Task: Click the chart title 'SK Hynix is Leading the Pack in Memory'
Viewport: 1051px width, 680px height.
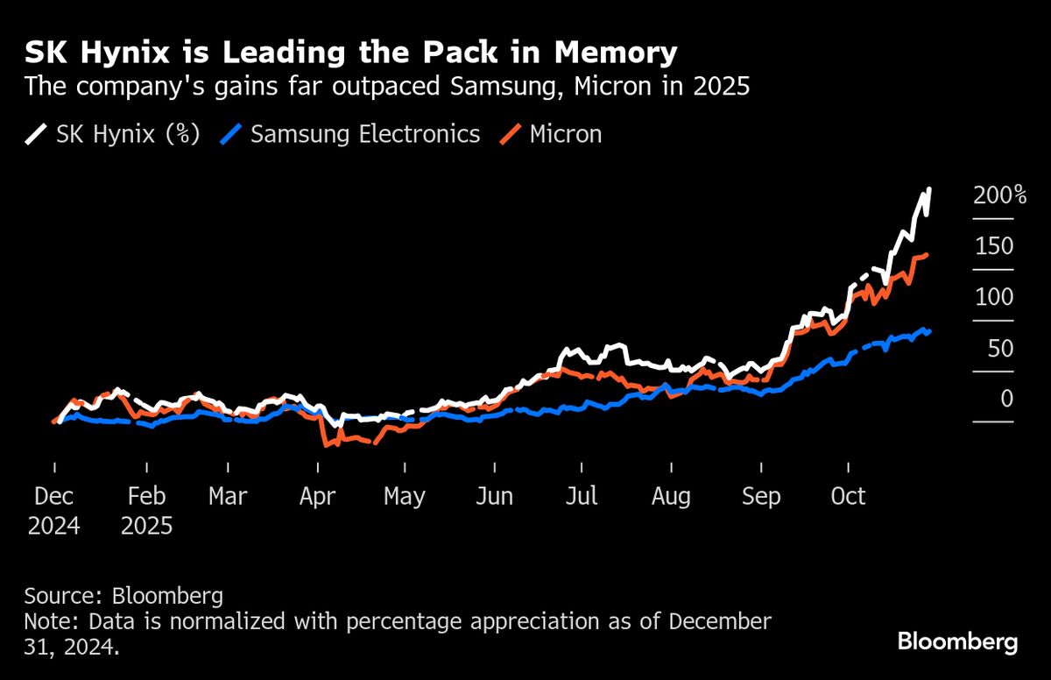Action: (350, 53)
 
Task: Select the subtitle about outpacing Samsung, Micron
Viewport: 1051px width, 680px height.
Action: (386, 87)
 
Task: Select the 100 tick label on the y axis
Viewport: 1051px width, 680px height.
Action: (993, 297)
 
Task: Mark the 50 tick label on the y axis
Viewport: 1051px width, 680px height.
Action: (993, 349)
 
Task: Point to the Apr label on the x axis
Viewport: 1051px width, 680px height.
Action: (317, 497)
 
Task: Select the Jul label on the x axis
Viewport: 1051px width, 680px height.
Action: (581, 497)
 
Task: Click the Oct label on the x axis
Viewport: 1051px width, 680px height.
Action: (848, 497)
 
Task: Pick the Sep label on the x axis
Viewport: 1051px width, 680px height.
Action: (760, 497)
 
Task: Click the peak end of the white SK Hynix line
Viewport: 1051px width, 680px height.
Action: (929, 189)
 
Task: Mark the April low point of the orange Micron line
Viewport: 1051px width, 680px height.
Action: (327, 445)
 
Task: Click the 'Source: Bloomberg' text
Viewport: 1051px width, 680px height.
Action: (123, 597)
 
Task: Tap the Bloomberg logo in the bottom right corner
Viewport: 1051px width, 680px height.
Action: (957, 641)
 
